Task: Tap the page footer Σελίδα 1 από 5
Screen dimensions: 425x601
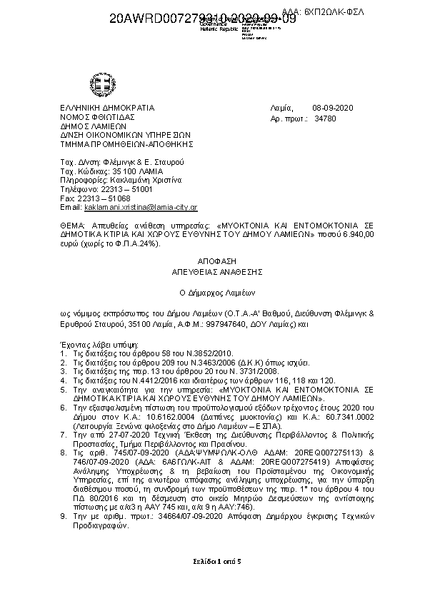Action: coord(212,560)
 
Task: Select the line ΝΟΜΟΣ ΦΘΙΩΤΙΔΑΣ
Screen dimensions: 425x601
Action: coord(98,116)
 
